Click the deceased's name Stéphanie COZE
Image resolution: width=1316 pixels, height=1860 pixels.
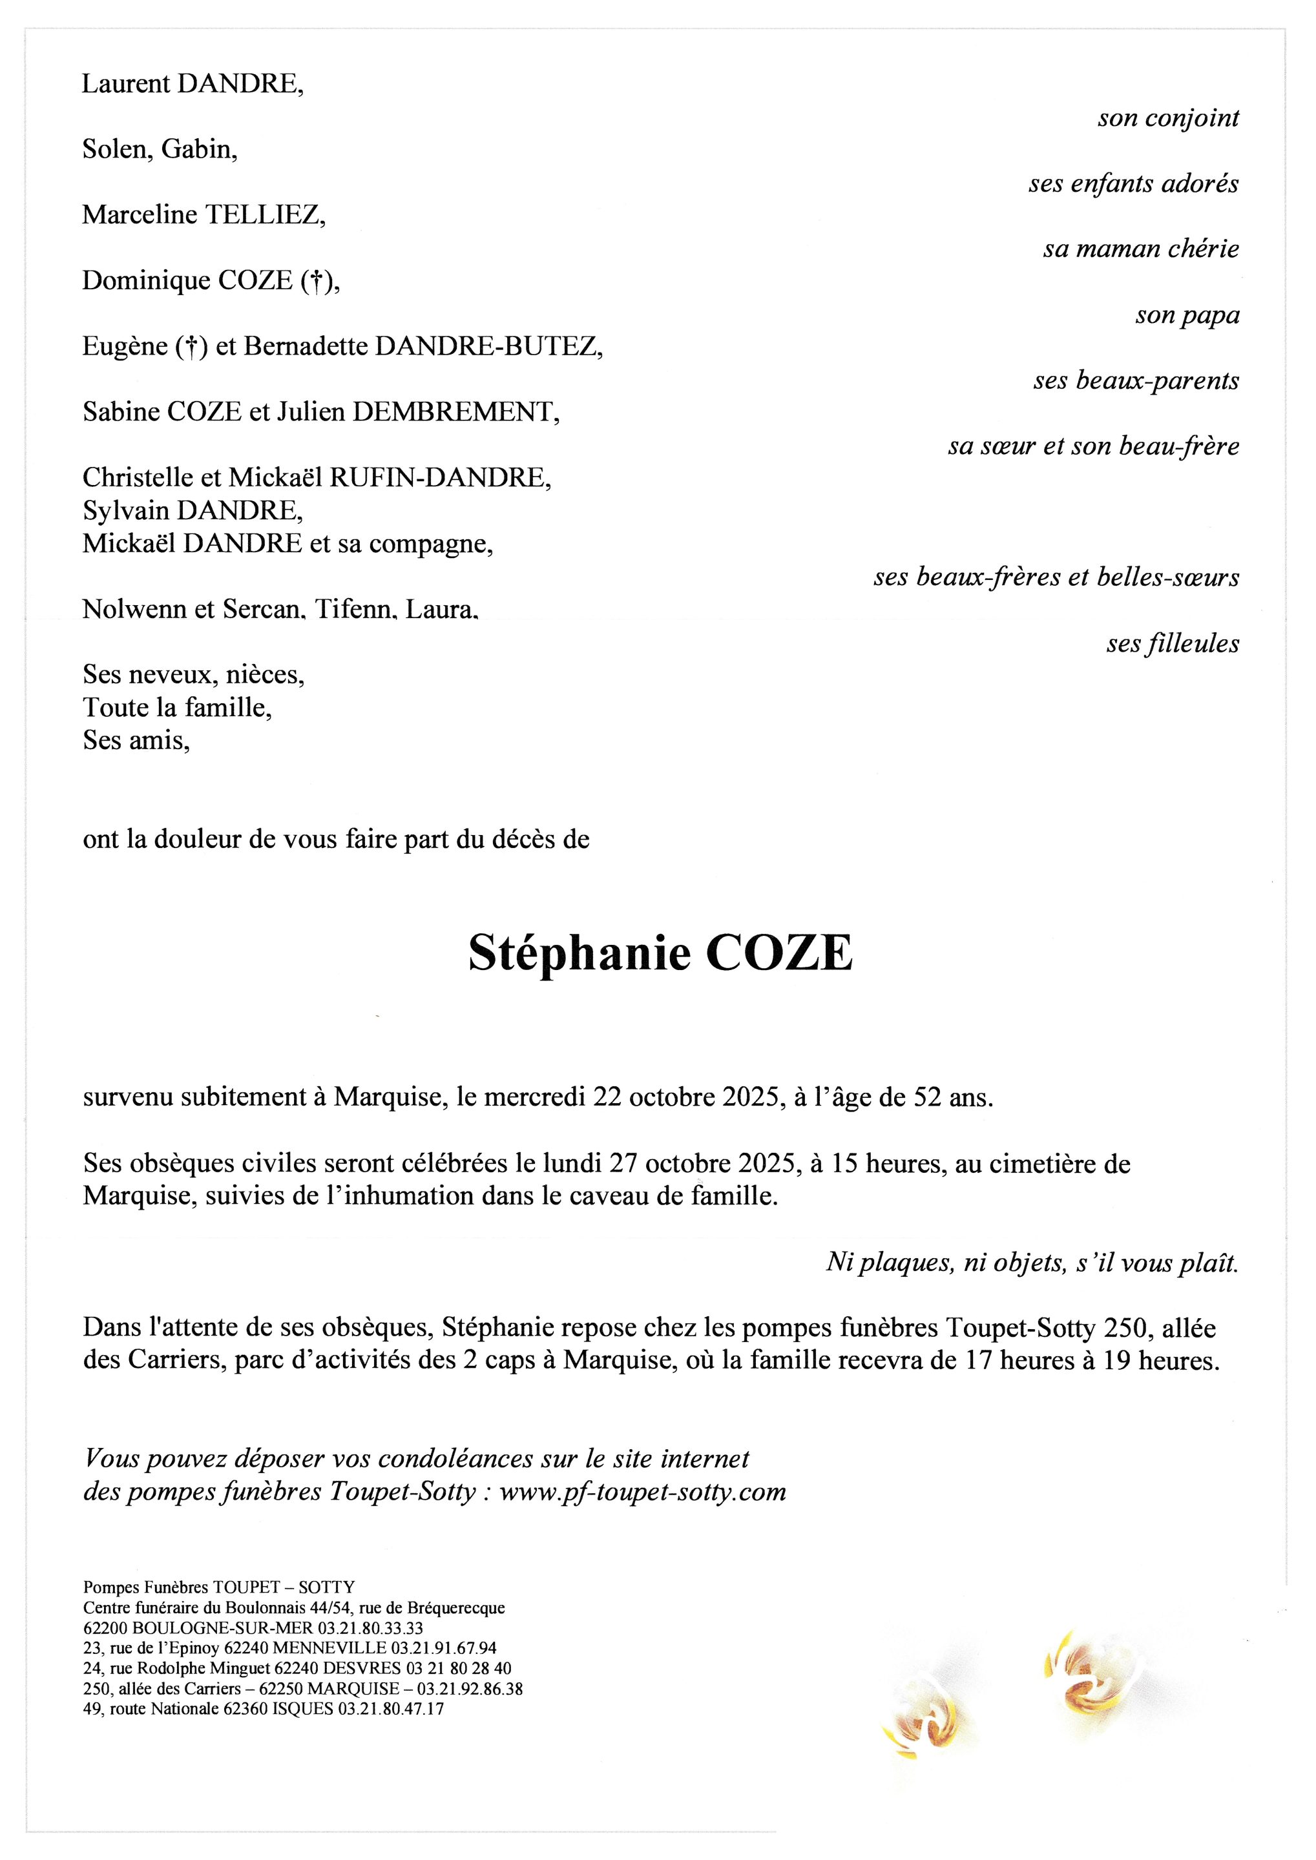(x=660, y=953)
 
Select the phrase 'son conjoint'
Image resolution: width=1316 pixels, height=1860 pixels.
(x=1167, y=118)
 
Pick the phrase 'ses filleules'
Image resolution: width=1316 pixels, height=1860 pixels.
(x=1172, y=643)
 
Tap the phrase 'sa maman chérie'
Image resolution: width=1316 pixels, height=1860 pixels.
(x=1141, y=249)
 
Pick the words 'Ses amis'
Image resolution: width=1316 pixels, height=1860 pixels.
(x=134, y=739)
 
